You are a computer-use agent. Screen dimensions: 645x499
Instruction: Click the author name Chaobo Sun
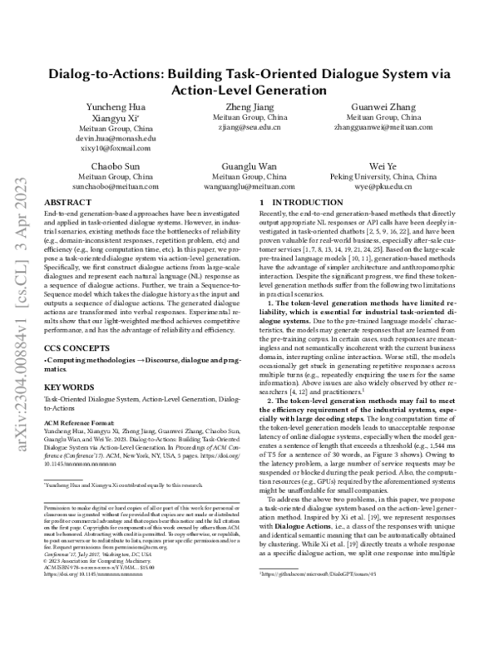coord(121,166)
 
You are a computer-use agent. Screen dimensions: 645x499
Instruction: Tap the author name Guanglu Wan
coord(249,166)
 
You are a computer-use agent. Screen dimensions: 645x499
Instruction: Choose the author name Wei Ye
coord(378,166)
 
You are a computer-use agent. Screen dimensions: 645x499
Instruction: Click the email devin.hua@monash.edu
coord(121,139)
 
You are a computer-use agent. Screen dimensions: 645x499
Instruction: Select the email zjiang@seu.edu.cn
coord(249,129)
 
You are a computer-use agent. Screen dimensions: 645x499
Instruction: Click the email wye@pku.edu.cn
coord(378,187)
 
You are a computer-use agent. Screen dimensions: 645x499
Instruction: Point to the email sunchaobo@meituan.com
coord(121,187)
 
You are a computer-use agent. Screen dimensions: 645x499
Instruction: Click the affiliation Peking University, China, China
coord(378,177)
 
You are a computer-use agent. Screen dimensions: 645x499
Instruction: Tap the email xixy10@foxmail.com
coord(121,149)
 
